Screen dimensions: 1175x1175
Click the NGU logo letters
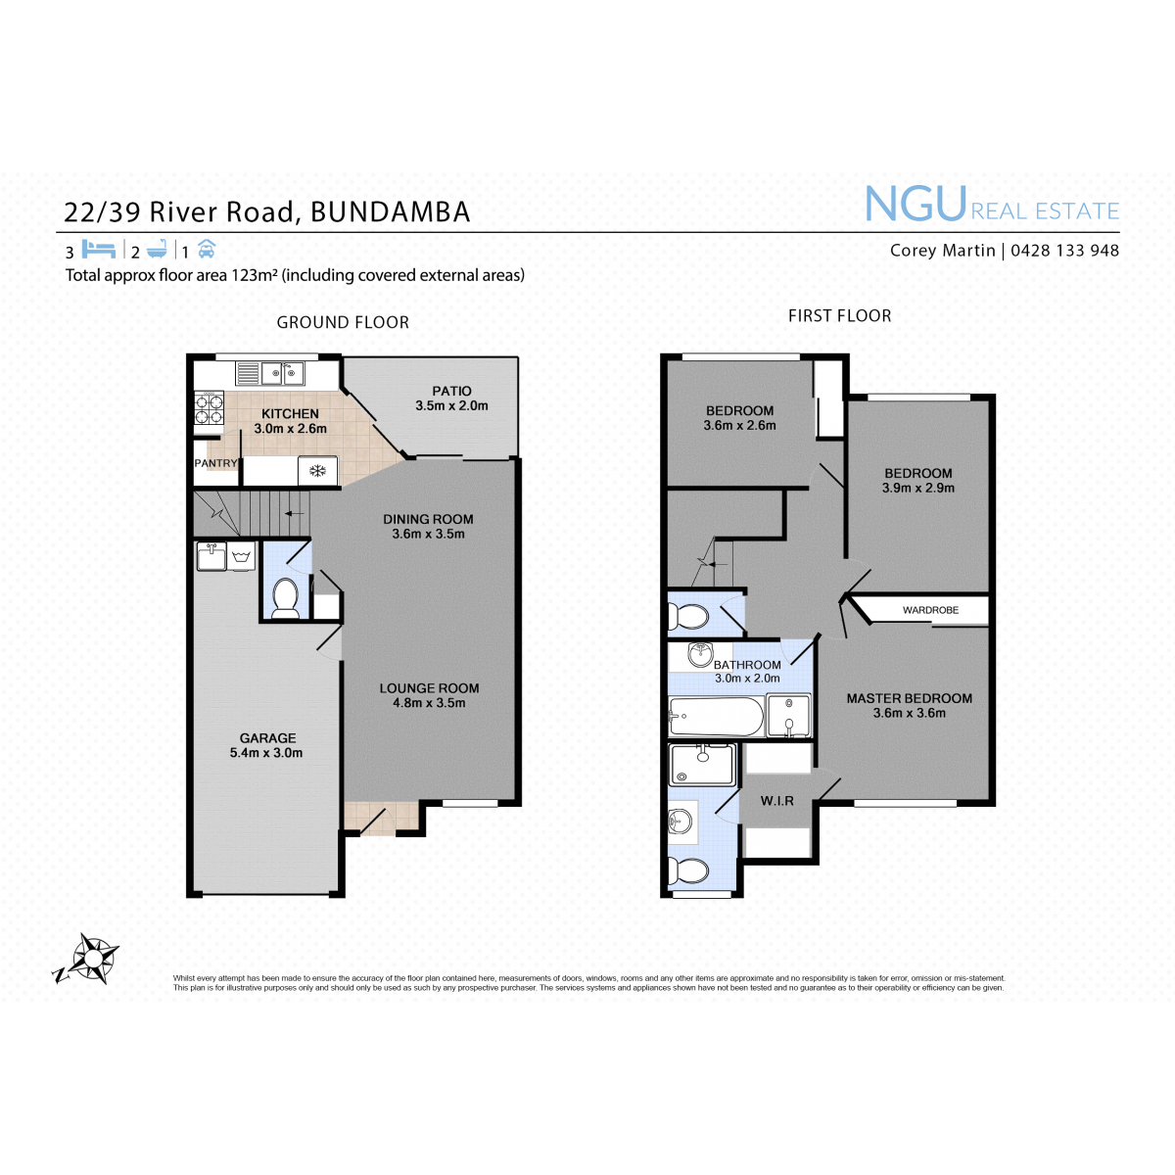click(916, 205)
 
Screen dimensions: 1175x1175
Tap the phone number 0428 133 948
click(1064, 251)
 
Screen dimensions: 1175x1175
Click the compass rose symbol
click(86, 960)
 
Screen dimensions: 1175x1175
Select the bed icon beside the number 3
click(98, 249)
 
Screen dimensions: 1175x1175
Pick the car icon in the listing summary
click(207, 249)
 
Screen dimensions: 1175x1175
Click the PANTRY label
click(215, 463)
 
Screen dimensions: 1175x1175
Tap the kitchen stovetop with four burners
click(209, 408)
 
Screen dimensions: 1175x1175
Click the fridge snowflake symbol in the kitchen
click(317, 471)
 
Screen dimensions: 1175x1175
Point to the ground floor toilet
click(284, 598)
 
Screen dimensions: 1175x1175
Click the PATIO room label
click(451, 391)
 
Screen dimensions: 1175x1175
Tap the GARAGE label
click(267, 738)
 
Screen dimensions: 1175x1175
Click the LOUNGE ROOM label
click(429, 688)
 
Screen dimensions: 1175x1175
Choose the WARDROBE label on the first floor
click(930, 610)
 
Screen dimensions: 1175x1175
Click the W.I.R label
click(776, 801)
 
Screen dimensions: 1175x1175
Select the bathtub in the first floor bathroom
click(716, 717)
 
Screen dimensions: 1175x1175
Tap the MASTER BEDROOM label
click(909, 699)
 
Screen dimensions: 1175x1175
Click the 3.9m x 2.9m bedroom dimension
click(918, 488)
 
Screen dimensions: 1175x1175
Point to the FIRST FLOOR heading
click(839, 316)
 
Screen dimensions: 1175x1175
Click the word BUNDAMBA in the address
click(391, 212)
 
